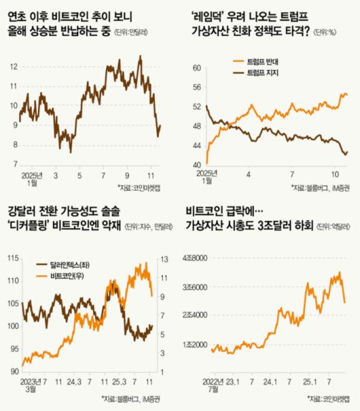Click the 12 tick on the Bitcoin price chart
click(x=12, y=67)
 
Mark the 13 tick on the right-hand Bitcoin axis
click(x=164, y=258)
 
